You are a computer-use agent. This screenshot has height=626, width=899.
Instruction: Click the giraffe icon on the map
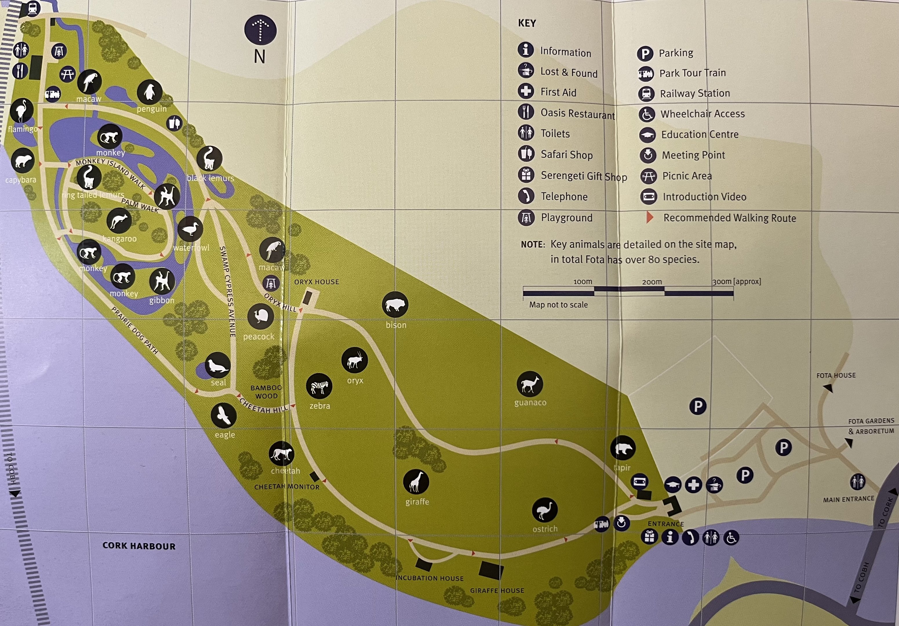click(416, 482)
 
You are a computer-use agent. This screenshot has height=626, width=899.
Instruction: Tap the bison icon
click(395, 305)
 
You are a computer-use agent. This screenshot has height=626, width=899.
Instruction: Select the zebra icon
click(319, 386)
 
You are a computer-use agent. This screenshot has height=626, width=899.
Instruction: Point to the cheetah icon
click(281, 454)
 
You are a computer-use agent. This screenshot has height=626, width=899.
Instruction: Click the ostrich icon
click(544, 510)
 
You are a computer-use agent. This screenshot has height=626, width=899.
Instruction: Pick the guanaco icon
click(529, 384)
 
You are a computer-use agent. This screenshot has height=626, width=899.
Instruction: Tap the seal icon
click(218, 365)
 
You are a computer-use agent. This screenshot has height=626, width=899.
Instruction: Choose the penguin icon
click(150, 92)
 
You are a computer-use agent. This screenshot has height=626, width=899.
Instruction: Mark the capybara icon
click(23, 161)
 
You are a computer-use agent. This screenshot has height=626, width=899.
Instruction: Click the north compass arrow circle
click(260, 30)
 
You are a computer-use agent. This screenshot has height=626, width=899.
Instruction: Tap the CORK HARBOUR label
click(139, 546)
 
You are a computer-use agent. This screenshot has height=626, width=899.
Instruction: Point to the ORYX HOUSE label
click(316, 282)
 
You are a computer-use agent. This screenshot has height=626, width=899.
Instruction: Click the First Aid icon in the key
click(525, 91)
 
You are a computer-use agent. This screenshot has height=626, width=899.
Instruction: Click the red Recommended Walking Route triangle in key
click(649, 217)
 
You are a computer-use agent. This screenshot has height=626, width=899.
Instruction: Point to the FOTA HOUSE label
click(836, 375)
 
